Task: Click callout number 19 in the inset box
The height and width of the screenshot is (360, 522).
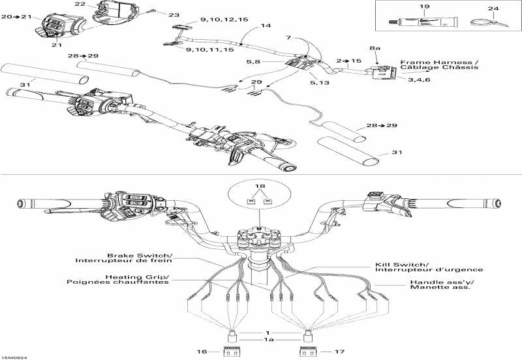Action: [425, 7]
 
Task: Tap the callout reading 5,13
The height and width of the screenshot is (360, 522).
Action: [319, 83]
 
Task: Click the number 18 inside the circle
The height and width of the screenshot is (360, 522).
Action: [260, 187]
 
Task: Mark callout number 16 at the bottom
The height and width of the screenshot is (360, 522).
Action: [202, 352]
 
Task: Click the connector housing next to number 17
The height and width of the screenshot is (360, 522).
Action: [307, 352]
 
